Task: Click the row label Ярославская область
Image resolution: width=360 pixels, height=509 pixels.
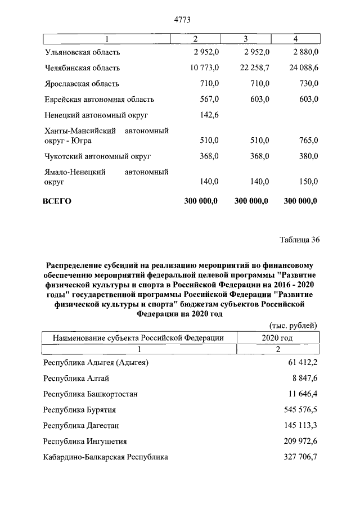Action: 82,84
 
